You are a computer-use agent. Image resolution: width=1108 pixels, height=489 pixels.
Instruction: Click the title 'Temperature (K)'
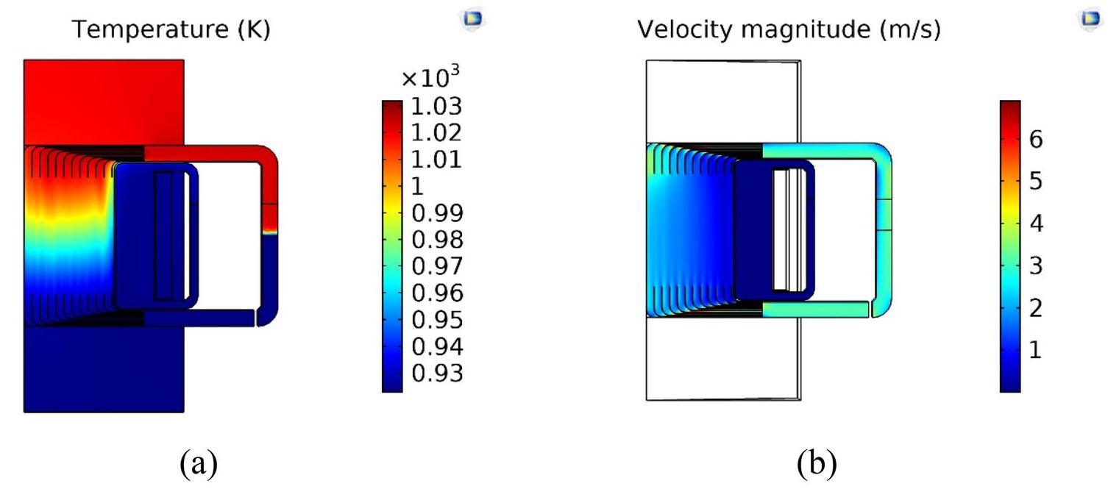[171, 29]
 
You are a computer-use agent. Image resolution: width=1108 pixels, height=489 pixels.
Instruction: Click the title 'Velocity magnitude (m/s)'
[789, 29]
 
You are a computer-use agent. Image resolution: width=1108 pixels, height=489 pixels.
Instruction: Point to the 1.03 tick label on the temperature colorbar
[437, 107]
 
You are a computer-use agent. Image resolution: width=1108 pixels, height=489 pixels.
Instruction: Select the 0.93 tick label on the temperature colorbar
[437, 374]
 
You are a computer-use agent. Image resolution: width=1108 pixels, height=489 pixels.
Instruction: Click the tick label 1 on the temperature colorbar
[417, 186]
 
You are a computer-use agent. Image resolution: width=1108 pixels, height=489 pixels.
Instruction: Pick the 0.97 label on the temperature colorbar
[437, 266]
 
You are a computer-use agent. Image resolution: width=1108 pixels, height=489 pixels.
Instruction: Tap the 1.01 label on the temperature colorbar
[437, 160]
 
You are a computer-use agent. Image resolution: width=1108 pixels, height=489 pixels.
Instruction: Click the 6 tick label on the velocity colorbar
[1036, 140]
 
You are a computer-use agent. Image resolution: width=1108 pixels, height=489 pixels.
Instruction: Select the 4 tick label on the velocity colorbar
[1037, 224]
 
